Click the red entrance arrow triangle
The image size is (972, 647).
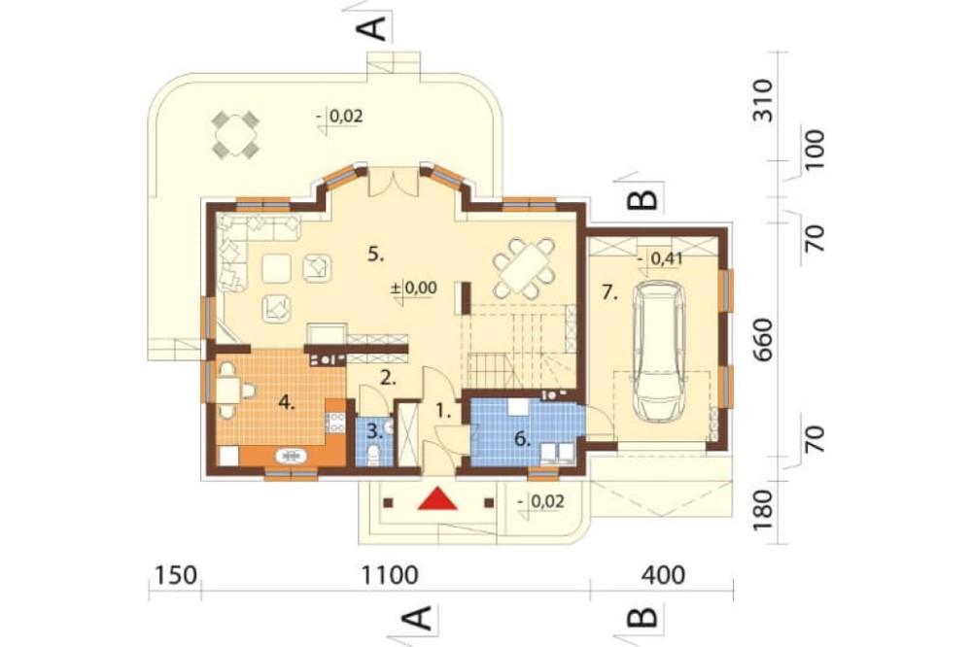tap(437, 499)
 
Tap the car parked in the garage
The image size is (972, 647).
tap(659, 350)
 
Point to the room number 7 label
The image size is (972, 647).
tap(610, 293)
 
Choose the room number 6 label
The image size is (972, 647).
tap(523, 439)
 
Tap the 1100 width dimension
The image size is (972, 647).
tap(391, 575)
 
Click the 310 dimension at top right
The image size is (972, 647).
tap(764, 101)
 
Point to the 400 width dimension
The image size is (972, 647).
tap(663, 575)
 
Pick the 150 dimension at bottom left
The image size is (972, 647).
tap(175, 575)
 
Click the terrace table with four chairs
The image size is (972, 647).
tap(235, 134)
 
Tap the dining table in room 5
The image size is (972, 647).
tap(525, 268)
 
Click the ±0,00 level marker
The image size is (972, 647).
tap(414, 289)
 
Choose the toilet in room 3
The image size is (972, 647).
tap(374, 455)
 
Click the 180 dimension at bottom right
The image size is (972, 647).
tap(764, 509)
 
